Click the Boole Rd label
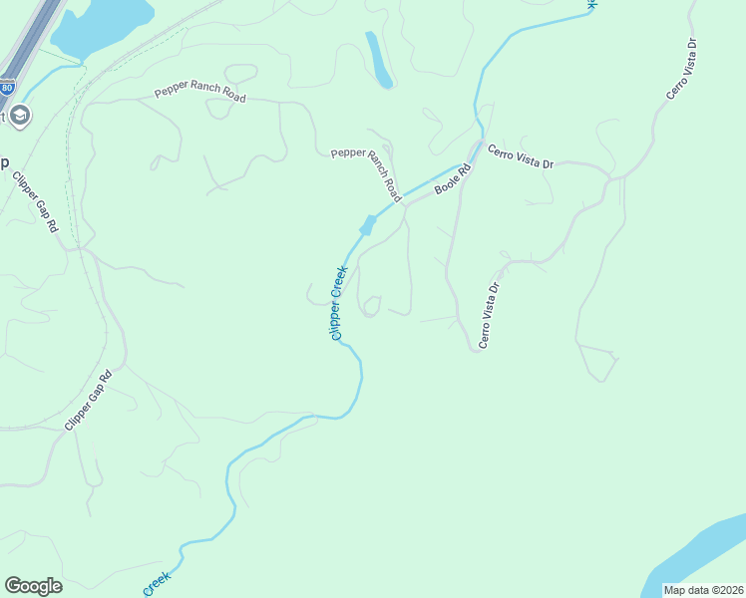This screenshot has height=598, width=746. click(452, 178)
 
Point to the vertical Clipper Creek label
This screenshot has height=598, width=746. click(338, 302)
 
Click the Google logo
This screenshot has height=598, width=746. click(33, 586)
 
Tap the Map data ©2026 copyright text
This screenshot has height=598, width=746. click(704, 590)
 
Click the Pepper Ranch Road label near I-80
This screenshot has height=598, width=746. click(199, 95)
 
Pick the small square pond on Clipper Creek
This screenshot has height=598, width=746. click(367, 225)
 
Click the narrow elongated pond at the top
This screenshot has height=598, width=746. click(379, 60)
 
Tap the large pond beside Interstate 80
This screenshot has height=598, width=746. click(100, 25)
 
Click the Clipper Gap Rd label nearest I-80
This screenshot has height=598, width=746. click(36, 202)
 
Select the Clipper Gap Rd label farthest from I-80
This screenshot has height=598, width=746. click(87, 398)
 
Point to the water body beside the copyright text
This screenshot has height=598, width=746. click(698, 553)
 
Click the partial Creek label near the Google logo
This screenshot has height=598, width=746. click(159, 582)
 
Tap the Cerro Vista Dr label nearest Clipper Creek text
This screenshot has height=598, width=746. click(488, 314)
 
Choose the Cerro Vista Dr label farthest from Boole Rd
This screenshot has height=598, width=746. click(681, 69)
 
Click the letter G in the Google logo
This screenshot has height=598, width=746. click(13, 586)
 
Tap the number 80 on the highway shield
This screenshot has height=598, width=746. click(7, 87)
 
